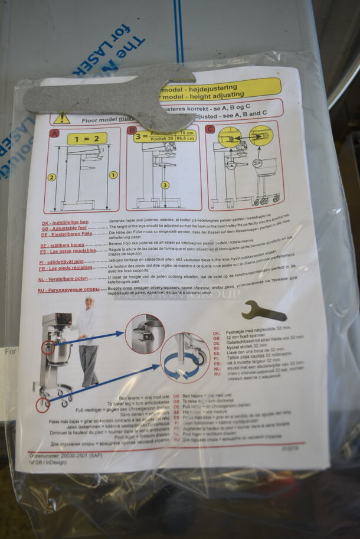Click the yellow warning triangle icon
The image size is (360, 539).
click(x=61, y=118)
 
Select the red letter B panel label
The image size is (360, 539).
click(x=132, y=130)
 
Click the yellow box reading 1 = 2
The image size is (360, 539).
click(x=87, y=139)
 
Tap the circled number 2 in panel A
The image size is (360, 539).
click(x=52, y=177)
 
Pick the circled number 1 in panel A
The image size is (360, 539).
click(x=113, y=175)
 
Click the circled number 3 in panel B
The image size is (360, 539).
click(x=165, y=185)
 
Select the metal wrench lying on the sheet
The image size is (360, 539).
click(x=112, y=94)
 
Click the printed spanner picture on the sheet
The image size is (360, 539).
click(x=264, y=309)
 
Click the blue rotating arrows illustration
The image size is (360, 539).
click(x=180, y=365)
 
